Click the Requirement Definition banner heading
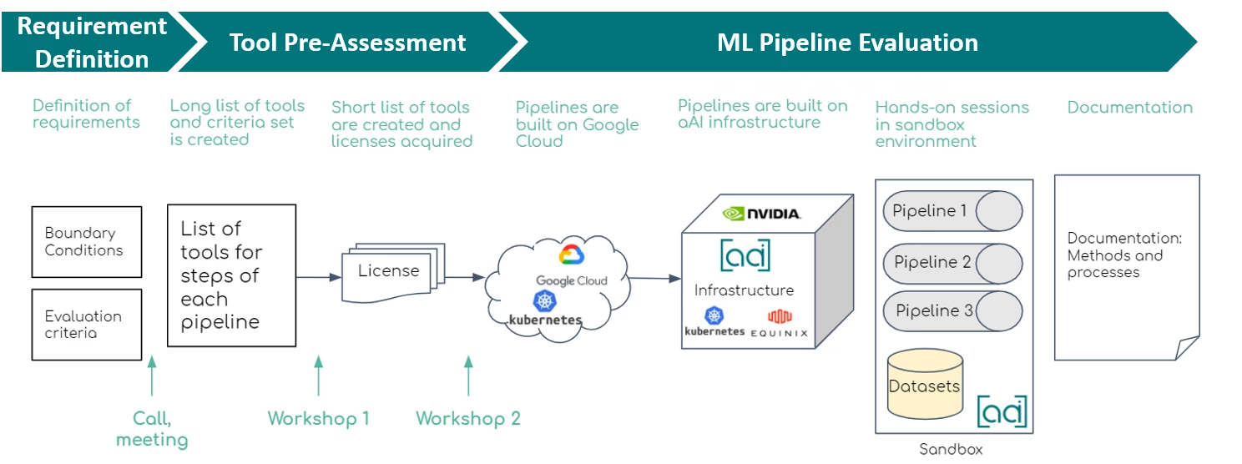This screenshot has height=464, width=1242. [92, 42]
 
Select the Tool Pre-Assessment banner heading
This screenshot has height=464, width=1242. [347, 43]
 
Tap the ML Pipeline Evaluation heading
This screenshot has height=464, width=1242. [847, 43]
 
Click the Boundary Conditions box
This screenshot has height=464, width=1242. [86, 242]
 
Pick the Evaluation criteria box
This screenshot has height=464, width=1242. [86, 325]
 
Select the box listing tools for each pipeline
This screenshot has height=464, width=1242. [231, 275]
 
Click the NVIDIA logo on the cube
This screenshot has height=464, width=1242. [762, 214]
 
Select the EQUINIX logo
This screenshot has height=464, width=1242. [780, 324]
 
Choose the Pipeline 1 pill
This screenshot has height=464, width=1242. [952, 211]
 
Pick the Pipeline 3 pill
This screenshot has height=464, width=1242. [952, 311]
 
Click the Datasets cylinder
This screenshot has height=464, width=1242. [924, 386]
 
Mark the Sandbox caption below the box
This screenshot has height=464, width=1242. [951, 450]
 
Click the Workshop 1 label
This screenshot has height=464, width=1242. [318, 418]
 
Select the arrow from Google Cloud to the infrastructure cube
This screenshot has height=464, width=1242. [654, 279]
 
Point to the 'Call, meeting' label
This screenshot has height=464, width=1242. [152, 429]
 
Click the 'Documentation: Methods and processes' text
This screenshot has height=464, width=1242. [1124, 255]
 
